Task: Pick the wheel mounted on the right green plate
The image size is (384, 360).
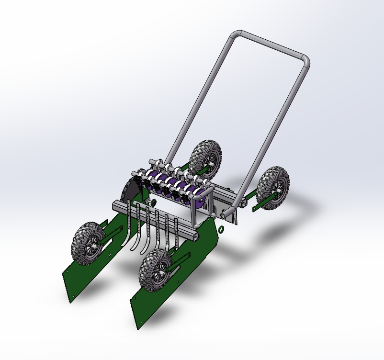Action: [x=156, y=270]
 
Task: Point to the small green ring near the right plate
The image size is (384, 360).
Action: [x=222, y=229]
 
